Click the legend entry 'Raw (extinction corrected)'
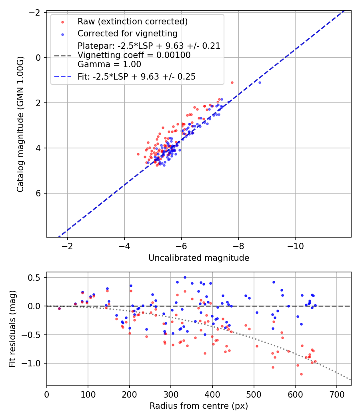132,21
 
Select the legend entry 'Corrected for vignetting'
127,33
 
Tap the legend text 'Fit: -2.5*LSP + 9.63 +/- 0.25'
136,76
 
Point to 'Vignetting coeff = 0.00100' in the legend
134,55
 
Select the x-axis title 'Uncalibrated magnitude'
199,258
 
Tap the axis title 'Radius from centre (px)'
199,406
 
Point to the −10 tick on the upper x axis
295,245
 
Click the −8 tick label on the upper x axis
238,245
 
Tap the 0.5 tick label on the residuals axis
38,278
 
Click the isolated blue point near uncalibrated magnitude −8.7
260,82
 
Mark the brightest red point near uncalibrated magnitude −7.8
232,82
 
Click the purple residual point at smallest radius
59,308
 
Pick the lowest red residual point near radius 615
301,374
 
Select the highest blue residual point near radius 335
185,277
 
